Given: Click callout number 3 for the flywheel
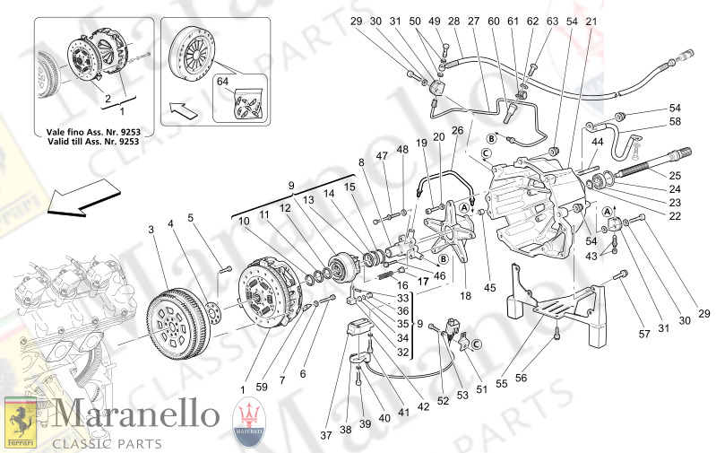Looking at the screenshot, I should [x=151, y=231].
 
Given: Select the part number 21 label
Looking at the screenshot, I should [x=590, y=21].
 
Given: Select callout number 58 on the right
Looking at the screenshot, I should [x=675, y=121].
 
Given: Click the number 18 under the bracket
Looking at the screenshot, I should [x=464, y=294].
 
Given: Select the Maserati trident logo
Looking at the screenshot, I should [x=250, y=421].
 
